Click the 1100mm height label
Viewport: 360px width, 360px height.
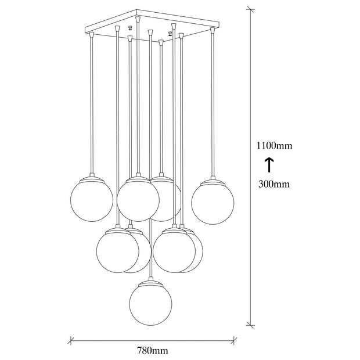274,146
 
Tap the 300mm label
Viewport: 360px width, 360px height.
274,184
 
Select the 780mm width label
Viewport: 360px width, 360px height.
153,351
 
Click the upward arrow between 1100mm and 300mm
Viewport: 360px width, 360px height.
269,165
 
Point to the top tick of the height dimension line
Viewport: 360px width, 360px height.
250,10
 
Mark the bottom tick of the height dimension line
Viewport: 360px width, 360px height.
250,325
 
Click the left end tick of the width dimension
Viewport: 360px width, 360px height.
71,340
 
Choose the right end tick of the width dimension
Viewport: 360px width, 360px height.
234,340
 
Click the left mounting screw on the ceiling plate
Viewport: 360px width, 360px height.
130,28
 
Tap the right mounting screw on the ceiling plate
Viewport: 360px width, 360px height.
170,34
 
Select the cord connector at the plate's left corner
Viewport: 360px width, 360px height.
92,35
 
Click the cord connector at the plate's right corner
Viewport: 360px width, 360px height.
213,30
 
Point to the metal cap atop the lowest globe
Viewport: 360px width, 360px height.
151,282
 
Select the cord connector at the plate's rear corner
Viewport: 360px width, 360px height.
138,19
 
